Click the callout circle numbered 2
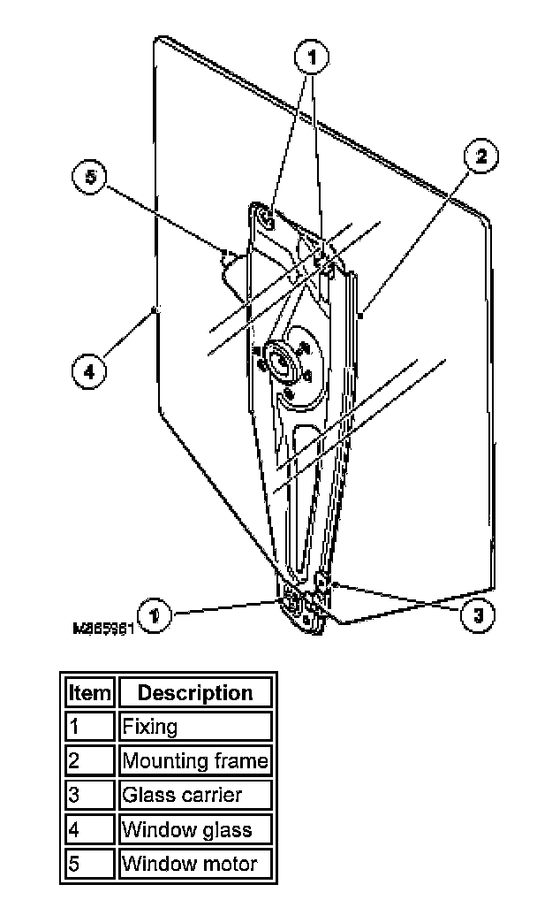(x=480, y=156)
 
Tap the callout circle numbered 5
(x=89, y=176)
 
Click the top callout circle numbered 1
(x=310, y=58)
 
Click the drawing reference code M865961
(x=102, y=629)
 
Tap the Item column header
(x=90, y=692)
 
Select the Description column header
(x=194, y=692)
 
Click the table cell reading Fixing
(x=194, y=727)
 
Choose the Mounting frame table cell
(x=194, y=760)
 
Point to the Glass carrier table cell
(x=194, y=795)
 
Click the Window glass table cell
(x=194, y=829)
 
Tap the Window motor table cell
(x=194, y=863)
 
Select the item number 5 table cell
(x=90, y=863)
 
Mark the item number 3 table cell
(x=90, y=795)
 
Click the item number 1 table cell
(x=90, y=727)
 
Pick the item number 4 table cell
(x=90, y=829)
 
